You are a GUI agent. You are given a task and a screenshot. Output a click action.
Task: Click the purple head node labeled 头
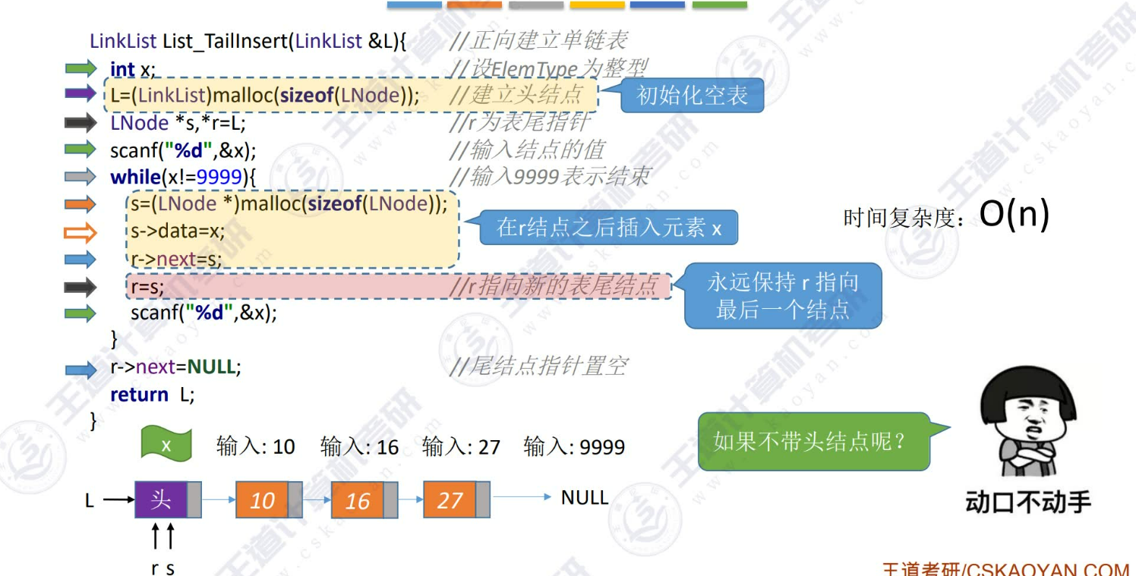[161, 499]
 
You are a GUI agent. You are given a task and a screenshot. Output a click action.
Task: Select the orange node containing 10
[263, 500]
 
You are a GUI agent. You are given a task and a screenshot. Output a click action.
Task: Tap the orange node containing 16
[358, 501]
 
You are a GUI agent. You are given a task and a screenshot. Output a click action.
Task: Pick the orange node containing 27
[450, 500]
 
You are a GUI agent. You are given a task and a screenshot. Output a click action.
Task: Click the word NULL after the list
[584, 498]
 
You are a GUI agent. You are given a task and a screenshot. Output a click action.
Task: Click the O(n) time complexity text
[1014, 216]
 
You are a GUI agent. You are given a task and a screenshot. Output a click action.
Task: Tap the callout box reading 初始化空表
[692, 96]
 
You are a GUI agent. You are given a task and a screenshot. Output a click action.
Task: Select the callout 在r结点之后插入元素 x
[609, 228]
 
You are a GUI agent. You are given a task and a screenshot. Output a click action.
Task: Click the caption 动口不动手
[1028, 502]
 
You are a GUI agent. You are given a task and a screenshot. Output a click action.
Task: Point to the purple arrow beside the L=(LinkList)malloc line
[80, 94]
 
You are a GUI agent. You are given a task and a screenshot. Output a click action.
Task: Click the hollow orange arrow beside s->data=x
[80, 231]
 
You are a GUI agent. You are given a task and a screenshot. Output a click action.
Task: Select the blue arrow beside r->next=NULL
[80, 370]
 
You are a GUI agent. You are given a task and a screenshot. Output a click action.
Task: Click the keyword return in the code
[139, 395]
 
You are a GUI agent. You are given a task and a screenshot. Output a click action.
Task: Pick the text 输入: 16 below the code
[359, 446]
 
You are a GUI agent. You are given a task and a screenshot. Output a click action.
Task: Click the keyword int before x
[122, 69]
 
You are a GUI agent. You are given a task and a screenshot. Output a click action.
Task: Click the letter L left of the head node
[90, 501]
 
